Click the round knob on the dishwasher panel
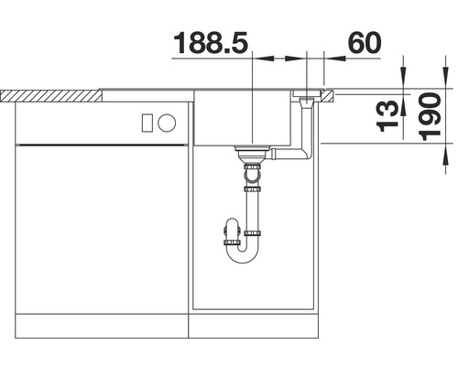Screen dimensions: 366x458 pyautogui.click(x=169, y=122)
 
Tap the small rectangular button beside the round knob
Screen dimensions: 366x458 pyautogui.click(x=147, y=122)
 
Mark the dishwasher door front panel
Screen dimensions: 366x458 pyautogui.click(x=101, y=229)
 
